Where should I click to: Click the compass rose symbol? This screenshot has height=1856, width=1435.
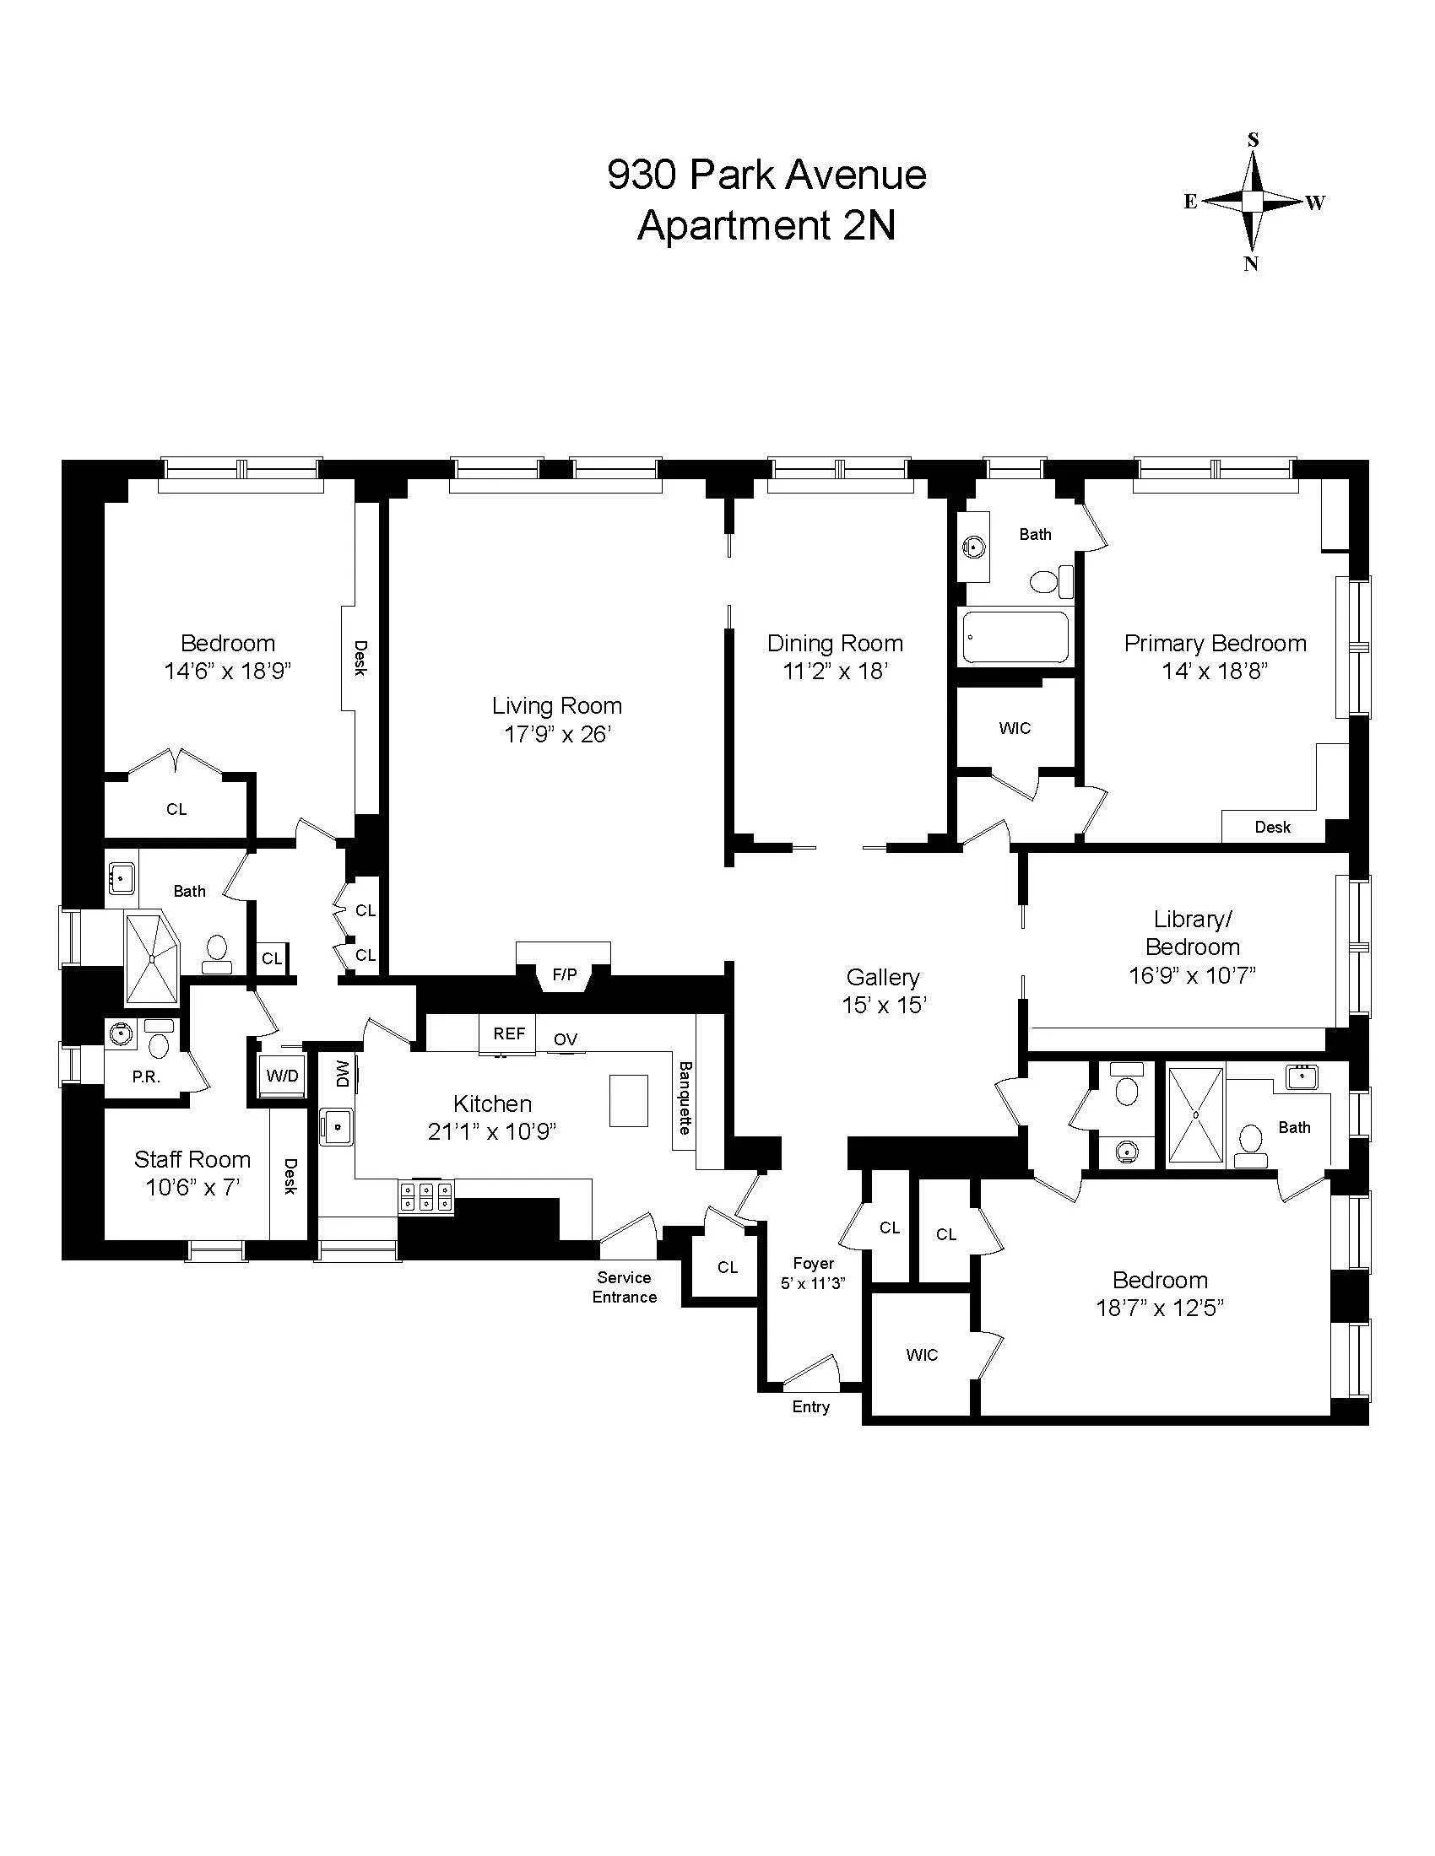pos(1252,202)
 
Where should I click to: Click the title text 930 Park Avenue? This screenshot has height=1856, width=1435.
pos(766,176)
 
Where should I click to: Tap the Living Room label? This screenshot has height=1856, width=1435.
pos(557,705)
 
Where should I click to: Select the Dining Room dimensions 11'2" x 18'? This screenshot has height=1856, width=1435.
pos(835,672)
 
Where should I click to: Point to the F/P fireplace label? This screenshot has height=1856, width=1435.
pos(565,974)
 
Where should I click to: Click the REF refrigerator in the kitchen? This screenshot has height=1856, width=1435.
pos(508,1033)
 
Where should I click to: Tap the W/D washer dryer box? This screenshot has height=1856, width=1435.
pos(281,1076)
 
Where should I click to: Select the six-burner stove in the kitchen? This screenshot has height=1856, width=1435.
pos(426,1196)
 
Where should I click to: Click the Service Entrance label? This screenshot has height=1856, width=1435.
pos(624,1287)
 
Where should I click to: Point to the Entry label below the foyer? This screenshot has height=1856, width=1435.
pos(810,1406)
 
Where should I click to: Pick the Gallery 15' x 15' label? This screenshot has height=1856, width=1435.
pos(883,991)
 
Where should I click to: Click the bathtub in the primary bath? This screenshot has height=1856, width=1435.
pos(1015,637)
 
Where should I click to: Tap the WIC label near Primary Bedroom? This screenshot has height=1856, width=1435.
pos(1014,728)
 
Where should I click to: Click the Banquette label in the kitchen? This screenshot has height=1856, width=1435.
pos(685,1097)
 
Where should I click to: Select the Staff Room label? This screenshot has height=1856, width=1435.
pos(192,1159)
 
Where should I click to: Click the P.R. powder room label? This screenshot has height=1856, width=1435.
pos(145,1076)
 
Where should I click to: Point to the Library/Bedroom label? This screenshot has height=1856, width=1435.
pos(1192,932)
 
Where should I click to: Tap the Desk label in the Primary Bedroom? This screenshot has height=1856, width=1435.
pos(1272,827)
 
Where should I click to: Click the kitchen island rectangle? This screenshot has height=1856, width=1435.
pos(628,1099)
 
